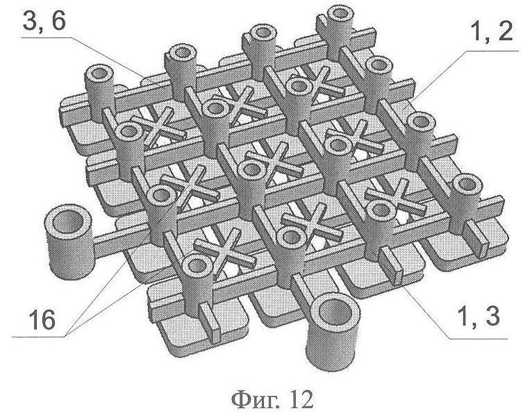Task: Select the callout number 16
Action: click(42, 320)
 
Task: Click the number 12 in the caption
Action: click(301, 400)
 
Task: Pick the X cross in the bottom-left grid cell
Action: click(222, 249)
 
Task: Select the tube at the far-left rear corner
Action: click(99, 92)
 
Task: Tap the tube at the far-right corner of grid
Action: click(467, 203)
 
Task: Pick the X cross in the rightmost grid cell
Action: click(396, 199)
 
